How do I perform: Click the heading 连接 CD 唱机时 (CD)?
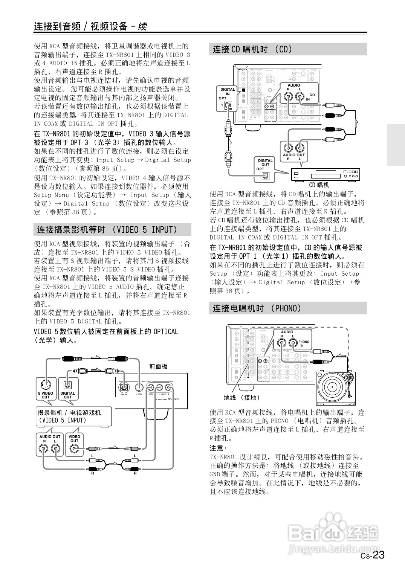coord(252,49)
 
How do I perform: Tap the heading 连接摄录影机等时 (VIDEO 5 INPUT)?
coord(107,230)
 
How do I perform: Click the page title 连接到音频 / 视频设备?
coord(90,26)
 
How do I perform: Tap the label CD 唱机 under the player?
coord(319,185)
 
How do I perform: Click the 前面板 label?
coord(158,366)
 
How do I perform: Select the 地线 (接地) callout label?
coord(241,397)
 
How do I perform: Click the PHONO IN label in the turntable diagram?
coord(304,343)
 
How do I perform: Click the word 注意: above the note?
coord(218,448)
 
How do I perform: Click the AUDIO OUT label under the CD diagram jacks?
coord(293,155)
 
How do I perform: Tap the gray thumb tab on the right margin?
coord(395,145)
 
